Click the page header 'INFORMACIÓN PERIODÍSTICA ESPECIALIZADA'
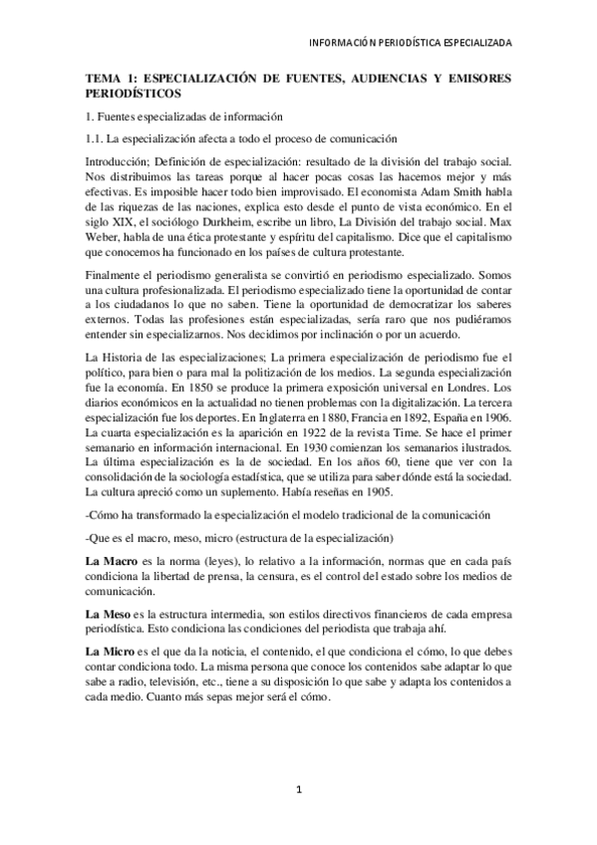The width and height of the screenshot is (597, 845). [411, 44]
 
